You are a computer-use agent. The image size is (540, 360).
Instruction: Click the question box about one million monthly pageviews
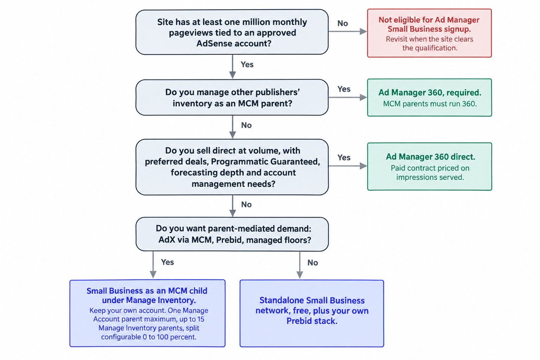click(232, 32)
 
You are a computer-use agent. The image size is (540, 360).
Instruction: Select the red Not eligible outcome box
click(429, 33)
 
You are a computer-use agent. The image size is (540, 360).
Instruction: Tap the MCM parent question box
click(232, 97)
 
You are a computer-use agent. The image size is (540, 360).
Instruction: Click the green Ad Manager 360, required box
click(430, 97)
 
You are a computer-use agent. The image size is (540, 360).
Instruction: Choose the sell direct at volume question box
click(232, 167)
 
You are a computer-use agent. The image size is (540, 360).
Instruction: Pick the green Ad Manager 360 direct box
click(430, 166)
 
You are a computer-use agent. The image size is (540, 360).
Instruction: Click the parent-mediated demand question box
click(232, 234)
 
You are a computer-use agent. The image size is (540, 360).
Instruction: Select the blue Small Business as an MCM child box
click(148, 313)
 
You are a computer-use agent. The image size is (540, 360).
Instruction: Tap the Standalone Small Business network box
click(312, 314)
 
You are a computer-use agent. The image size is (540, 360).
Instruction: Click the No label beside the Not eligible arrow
click(342, 24)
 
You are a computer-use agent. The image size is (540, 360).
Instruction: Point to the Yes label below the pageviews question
click(247, 65)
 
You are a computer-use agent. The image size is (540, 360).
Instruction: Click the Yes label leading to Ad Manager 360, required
click(344, 89)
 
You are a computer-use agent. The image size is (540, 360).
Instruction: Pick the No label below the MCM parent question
click(246, 126)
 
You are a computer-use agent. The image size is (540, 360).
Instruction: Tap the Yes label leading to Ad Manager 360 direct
click(344, 158)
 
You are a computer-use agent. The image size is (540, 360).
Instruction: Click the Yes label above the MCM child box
click(168, 262)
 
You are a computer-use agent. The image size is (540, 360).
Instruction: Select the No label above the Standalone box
click(313, 263)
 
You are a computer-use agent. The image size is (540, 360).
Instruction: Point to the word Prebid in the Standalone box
click(299, 321)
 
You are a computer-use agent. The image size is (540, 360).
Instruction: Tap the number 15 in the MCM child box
click(201, 319)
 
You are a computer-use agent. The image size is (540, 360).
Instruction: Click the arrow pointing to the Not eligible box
click(348, 31)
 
